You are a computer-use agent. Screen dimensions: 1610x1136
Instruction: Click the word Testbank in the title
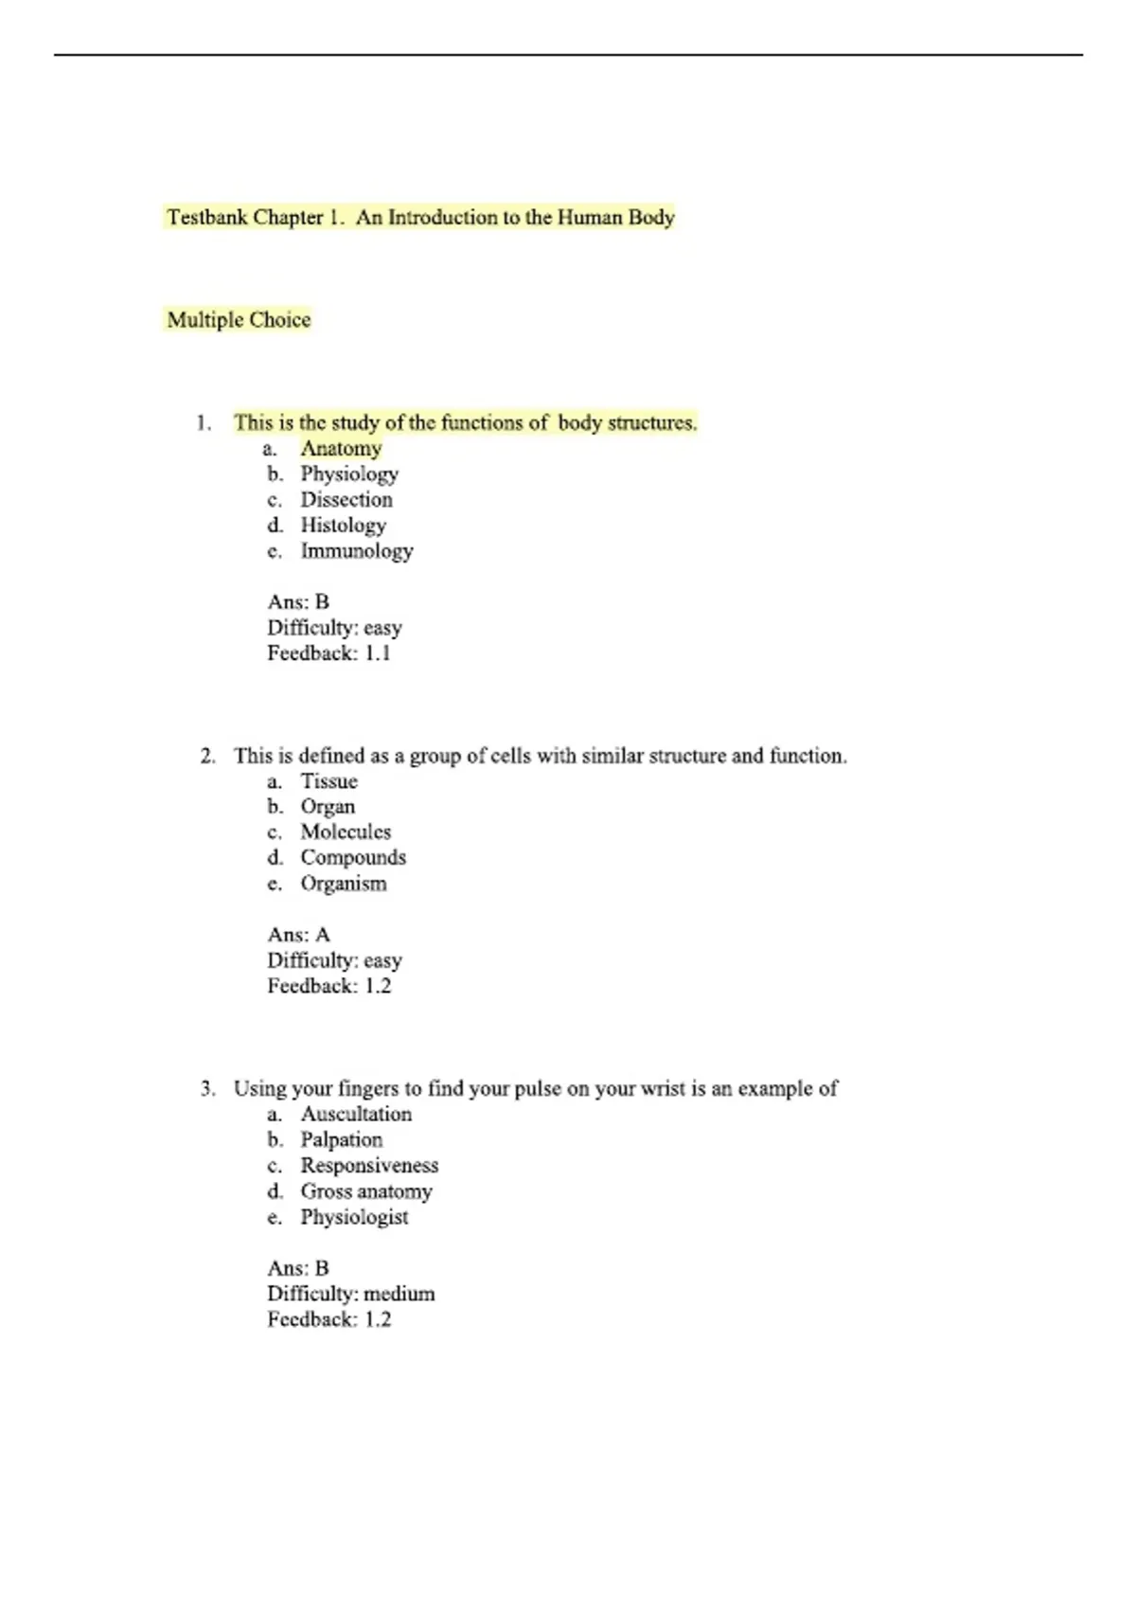[206, 218]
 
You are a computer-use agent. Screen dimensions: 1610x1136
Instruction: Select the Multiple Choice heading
[239, 320]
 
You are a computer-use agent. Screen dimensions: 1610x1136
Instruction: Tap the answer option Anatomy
[341, 449]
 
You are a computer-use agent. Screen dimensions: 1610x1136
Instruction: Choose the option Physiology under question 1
[349, 474]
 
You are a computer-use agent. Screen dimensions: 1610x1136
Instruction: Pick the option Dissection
[346, 500]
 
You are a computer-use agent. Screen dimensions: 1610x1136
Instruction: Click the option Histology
[343, 526]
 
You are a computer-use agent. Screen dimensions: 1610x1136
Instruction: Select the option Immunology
[357, 551]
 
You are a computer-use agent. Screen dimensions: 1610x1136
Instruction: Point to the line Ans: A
[298, 935]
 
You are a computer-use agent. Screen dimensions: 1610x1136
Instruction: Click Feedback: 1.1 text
[328, 653]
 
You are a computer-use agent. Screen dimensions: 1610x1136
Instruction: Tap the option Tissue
[328, 781]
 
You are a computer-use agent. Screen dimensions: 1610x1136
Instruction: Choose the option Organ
[328, 807]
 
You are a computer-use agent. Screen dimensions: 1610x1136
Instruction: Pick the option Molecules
[346, 832]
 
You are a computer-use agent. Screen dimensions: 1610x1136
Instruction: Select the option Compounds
[353, 858]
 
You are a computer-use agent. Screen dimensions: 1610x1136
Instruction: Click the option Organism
[344, 884]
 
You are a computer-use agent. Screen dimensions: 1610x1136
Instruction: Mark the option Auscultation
[356, 1115]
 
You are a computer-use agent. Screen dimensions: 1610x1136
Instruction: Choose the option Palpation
[342, 1140]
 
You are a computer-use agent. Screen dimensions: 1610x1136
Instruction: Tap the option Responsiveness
[369, 1166]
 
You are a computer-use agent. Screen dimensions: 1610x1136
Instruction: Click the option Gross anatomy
[366, 1191]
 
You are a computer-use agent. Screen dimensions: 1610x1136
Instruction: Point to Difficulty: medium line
[350, 1294]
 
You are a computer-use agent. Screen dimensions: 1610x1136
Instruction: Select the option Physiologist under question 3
[354, 1217]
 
